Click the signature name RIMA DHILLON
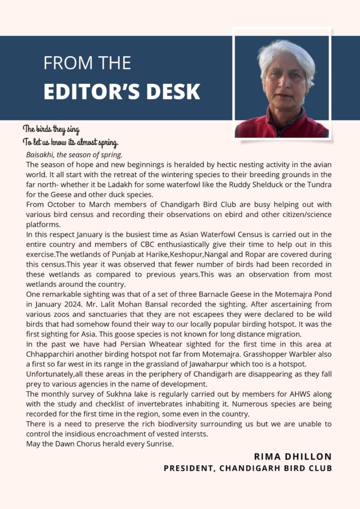pos(292,456)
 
